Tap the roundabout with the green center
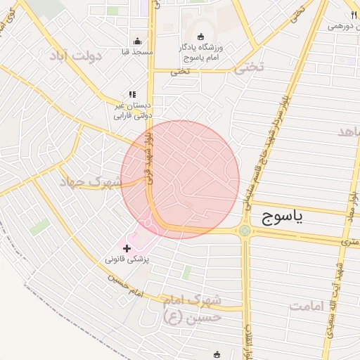click(x=245, y=230)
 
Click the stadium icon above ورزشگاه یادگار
click(x=201, y=37)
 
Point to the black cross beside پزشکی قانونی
click(x=127, y=248)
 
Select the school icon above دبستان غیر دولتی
click(x=131, y=94)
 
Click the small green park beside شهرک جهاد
click(x=40, y=227)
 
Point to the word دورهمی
click(x=345, y=26)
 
